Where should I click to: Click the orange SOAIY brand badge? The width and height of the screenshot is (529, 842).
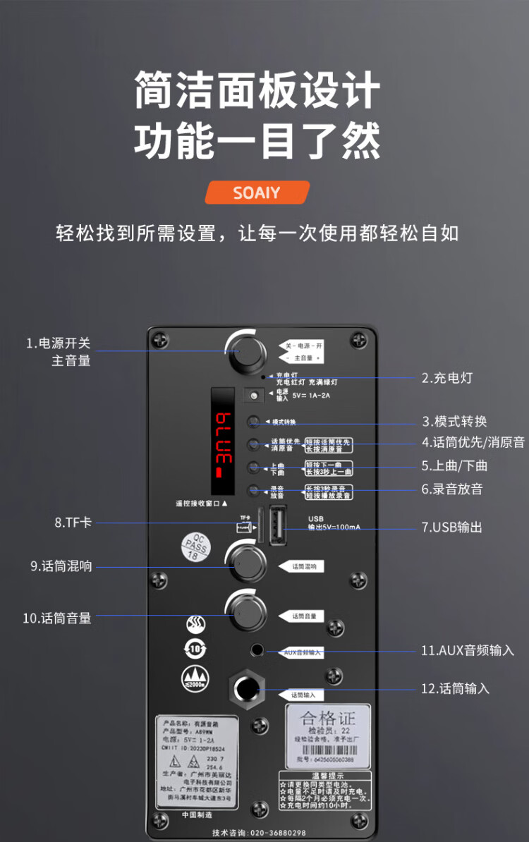pos(257,193)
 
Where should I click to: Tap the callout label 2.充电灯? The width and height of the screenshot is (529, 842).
pos(446,378)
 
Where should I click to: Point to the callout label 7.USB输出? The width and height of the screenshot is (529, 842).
pos(451,527)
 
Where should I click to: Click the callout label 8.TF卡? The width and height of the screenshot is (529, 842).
pos(73,523)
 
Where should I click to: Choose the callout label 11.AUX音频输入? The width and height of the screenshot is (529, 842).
pos(468,650)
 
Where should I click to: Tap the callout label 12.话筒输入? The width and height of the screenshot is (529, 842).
pos(455,688)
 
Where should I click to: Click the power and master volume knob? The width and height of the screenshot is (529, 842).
pos(244,350)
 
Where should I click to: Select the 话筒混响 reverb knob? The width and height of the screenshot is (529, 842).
pos(246,563)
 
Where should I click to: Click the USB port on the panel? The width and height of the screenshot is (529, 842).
pos(276,525)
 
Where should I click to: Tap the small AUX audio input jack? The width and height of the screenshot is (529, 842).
pos(257,649)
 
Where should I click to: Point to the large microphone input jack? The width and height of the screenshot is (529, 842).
pos(245,688)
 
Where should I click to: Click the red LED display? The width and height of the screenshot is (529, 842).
pos(224,441)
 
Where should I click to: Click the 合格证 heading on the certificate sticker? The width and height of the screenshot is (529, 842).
pos(328,719)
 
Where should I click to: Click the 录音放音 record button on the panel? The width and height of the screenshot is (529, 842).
pos(253,491)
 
